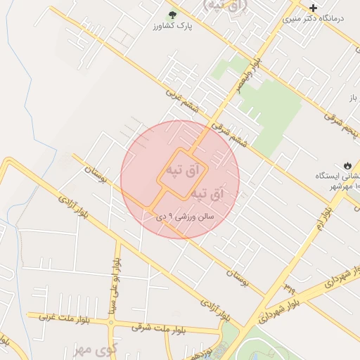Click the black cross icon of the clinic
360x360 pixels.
(x=313, y=8)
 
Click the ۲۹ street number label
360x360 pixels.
(x=290, y=287)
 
